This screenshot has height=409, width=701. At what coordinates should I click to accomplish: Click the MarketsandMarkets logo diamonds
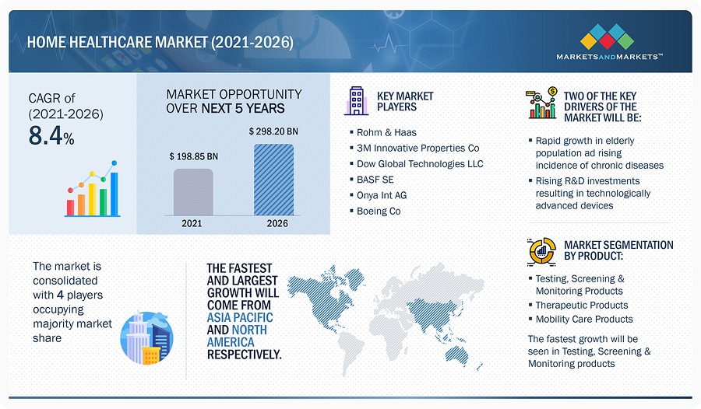coord(607,37)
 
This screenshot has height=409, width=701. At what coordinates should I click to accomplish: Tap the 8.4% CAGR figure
coord(51,136)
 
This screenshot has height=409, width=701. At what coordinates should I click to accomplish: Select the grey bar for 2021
coord(193,192)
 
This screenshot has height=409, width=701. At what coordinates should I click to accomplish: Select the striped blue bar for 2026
coord(273,180)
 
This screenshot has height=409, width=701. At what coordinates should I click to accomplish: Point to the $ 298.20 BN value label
coord(273,131)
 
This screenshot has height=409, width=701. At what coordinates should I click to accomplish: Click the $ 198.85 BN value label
coord(194,156)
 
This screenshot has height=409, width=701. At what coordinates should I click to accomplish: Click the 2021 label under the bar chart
coord(192,223)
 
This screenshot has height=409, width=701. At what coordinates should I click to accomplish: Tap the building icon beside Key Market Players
coord(356,101)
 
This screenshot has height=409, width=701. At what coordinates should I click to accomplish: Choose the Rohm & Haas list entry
coord(386,132)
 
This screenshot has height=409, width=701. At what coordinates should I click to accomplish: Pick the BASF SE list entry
coord(375,180)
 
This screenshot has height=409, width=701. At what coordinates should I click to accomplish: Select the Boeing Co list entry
coord(379,211)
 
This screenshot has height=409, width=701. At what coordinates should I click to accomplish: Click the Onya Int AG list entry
coord(382,195)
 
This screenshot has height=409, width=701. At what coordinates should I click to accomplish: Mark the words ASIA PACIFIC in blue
coord(240,317)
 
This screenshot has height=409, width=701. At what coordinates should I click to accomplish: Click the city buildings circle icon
coord(146,338)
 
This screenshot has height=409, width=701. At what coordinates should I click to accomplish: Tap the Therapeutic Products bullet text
coord(582,305)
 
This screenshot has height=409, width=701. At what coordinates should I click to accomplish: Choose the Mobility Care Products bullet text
coord(584,319)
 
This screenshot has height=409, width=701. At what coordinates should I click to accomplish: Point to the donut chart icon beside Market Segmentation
coord(541,251)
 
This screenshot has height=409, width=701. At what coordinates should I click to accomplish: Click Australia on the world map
coord(457,355)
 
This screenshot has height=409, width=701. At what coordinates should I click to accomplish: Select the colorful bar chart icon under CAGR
coord(93,189)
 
